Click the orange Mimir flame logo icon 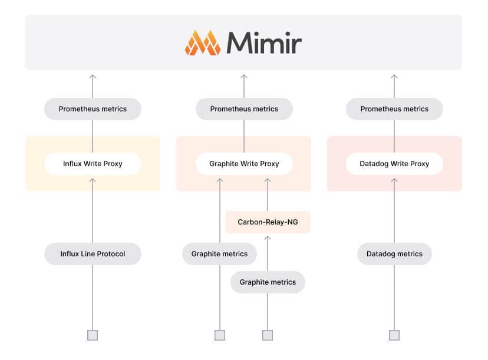203,42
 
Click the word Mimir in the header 263,43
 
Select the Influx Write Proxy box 93,164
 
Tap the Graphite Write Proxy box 244,164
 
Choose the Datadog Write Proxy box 394,164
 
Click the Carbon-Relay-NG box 268,222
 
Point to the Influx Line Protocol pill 93,254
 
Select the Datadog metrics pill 394,254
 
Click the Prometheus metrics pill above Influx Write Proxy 93,109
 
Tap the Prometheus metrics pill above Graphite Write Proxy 244,109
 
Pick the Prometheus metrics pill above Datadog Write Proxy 394,109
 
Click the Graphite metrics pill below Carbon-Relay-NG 268,282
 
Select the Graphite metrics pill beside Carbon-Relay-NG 219,254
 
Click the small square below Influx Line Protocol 93,335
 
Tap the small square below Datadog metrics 394,335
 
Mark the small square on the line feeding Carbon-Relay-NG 268,335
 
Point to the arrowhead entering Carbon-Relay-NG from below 268,237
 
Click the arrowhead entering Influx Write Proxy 93,179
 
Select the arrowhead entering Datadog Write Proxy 394,179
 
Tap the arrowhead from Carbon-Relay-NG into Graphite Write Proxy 268,179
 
